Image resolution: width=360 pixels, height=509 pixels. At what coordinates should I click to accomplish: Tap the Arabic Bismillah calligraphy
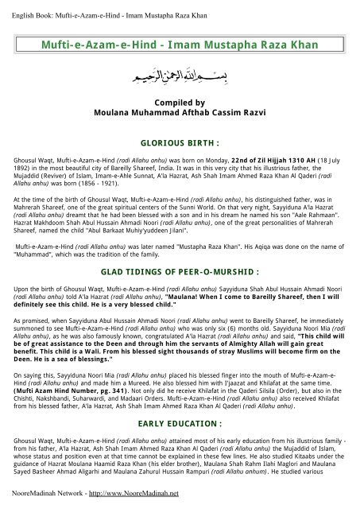pyautogui.click(x=180, y=78)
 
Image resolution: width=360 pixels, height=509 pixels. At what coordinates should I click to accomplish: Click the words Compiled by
pyautogui.click(x=180, y=104)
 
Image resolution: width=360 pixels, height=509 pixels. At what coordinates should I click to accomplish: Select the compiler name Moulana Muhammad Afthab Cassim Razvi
pyautogui.click(x=180, y=114)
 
